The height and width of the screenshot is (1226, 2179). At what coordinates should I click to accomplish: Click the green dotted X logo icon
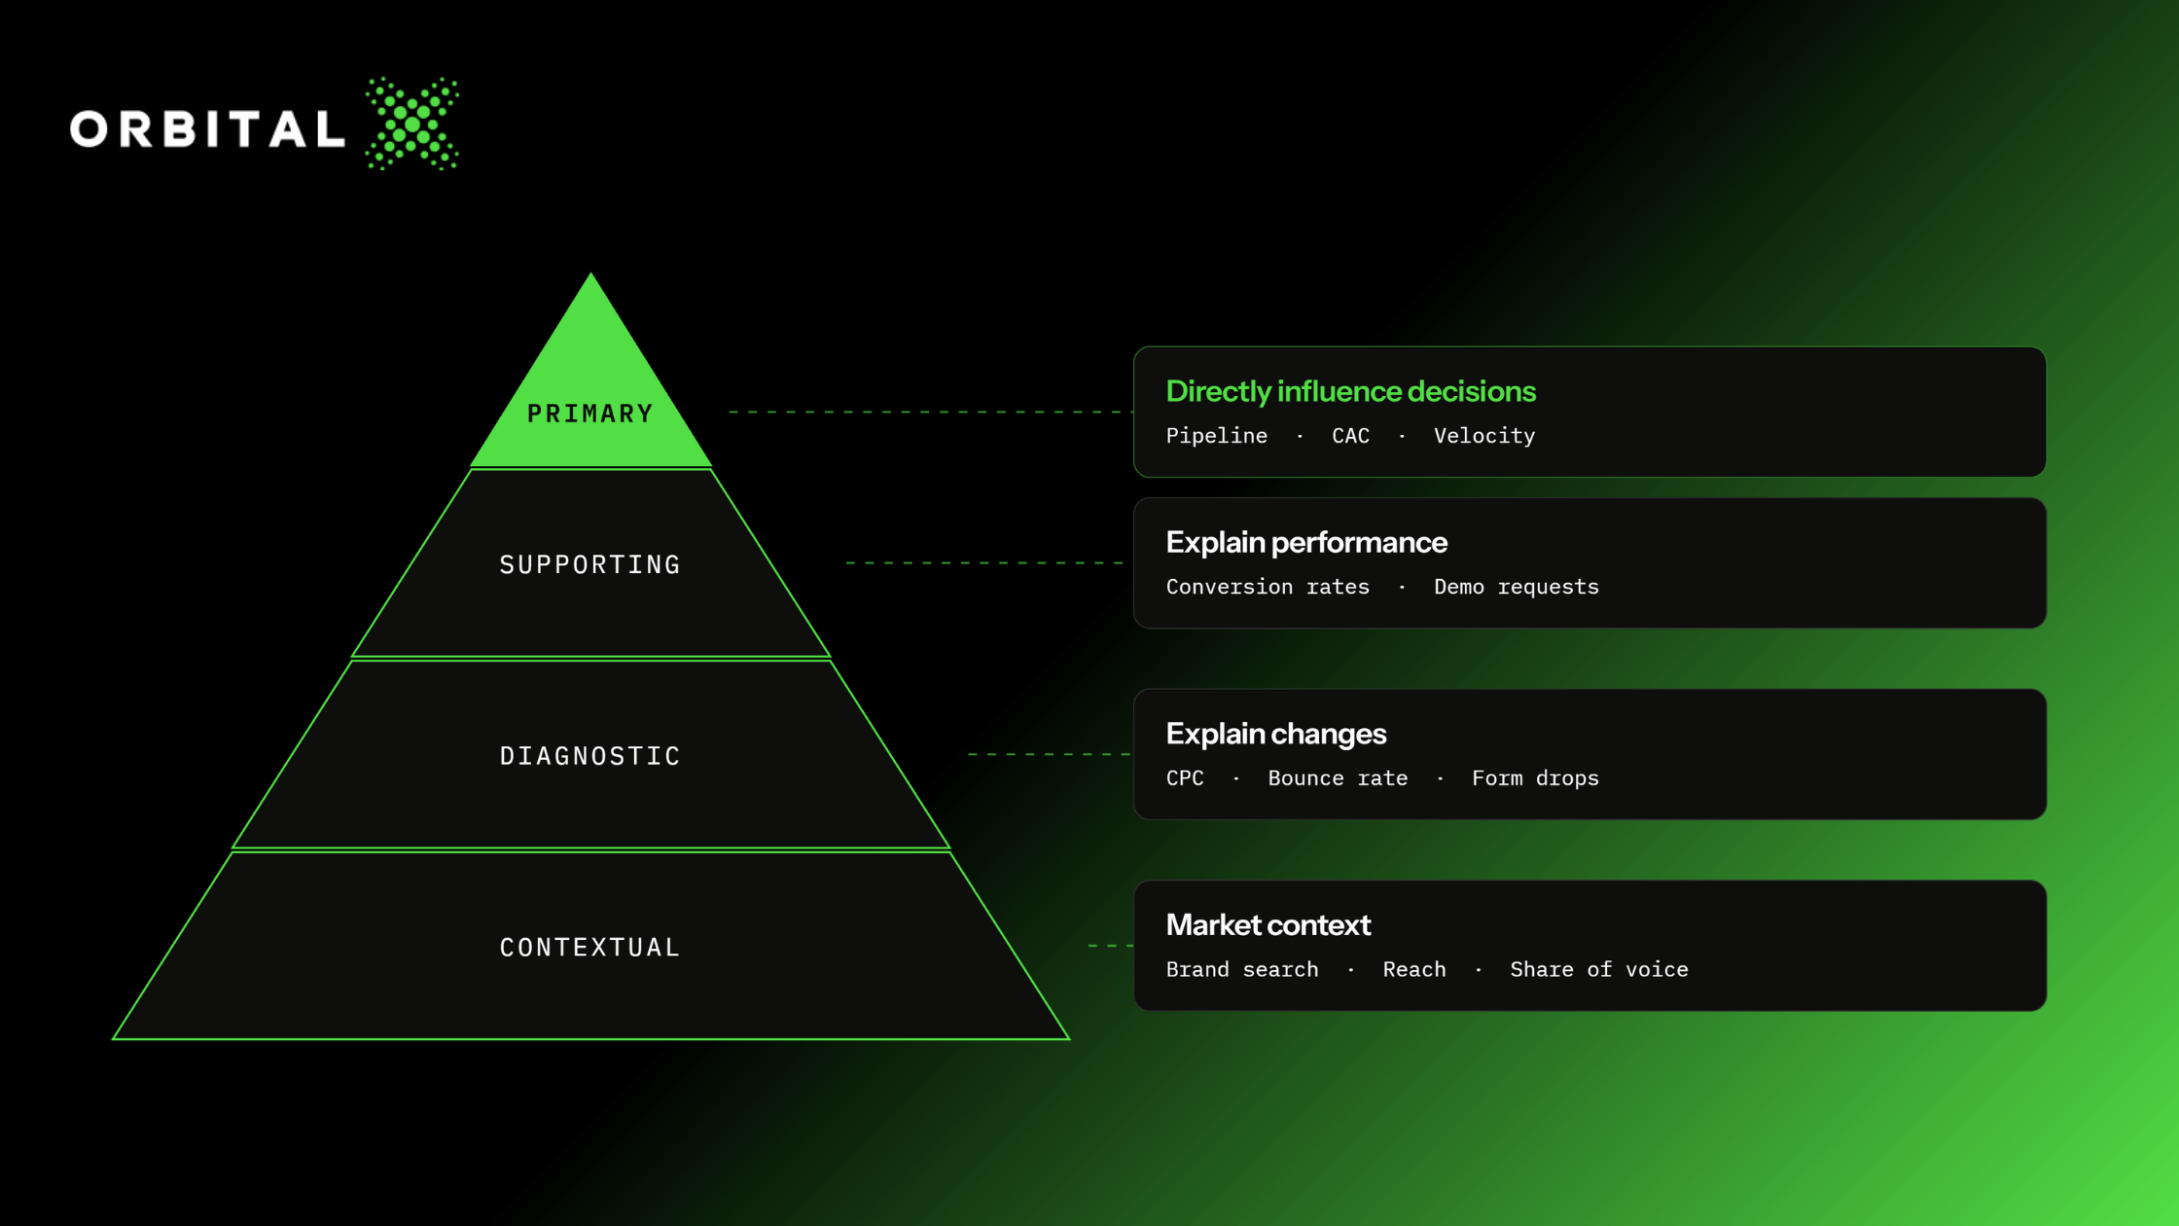tap(412, 124)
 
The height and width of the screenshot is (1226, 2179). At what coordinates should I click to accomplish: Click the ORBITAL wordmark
tap(207, 128)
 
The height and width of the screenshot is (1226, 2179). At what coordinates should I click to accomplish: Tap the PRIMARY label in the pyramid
tap(590, 414)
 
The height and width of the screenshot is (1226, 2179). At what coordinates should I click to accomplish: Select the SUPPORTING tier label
tap(590, 564)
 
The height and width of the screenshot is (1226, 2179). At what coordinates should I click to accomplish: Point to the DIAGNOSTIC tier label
tap(590, 756)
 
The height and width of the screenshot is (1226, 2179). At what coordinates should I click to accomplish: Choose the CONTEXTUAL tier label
tap(590, 948)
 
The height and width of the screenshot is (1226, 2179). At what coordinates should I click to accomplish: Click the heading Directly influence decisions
tap(1351, 391)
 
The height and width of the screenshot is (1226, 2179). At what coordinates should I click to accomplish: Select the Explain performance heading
tap(1306, 542)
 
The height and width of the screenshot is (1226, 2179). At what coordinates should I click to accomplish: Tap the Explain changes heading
tap(1276, 734)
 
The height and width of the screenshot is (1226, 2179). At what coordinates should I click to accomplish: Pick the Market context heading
tap(1268, 924)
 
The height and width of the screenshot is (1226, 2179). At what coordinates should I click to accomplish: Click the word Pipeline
tap(1217, 436)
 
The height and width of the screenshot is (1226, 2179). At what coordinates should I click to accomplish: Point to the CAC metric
tap(1350, 436)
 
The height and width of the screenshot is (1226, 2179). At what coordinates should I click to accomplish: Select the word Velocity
tap(1484, 436)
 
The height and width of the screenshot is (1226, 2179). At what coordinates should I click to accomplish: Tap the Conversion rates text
tap(1268, 587)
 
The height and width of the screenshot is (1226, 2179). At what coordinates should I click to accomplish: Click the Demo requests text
tap(1517, 587)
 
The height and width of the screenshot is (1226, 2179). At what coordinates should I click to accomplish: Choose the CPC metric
tap(1185, 778)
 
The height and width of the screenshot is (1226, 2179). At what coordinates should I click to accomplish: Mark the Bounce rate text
tap(1338, 778)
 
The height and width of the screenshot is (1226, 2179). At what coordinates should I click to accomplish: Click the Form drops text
tap(1535, 778)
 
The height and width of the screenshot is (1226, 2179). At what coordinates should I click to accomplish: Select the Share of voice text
tap(1599, 969)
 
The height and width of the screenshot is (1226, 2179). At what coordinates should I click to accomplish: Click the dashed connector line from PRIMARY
tap(931, 412)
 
